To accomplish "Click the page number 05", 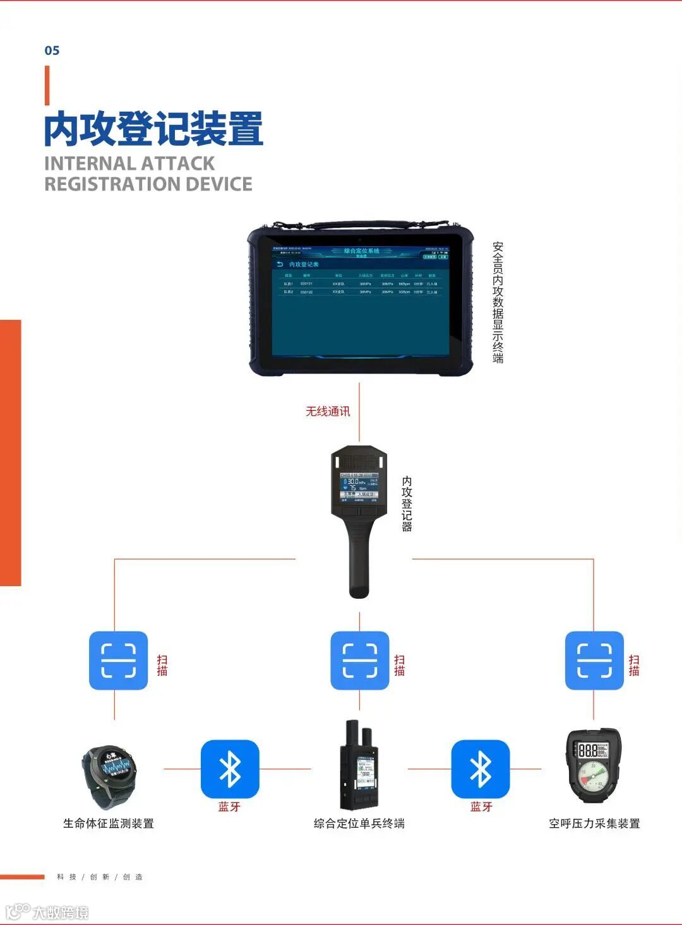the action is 52,50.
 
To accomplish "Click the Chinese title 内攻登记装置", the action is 153,129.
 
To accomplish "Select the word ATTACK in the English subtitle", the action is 174,163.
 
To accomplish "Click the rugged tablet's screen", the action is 360,300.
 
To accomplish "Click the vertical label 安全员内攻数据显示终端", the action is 498,302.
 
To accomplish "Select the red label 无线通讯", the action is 328,411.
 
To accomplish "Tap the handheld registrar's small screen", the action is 359,487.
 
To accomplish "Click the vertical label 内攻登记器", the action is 407,504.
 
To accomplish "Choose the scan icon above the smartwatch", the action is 118,660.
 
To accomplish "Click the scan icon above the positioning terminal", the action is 359,660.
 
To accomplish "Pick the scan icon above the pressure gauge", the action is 594,660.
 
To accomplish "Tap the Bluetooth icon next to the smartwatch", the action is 230,769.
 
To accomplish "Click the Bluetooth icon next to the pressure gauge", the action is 480,769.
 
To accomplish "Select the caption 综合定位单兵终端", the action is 359,823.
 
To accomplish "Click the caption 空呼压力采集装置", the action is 594,823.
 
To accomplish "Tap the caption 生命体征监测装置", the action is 109,823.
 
